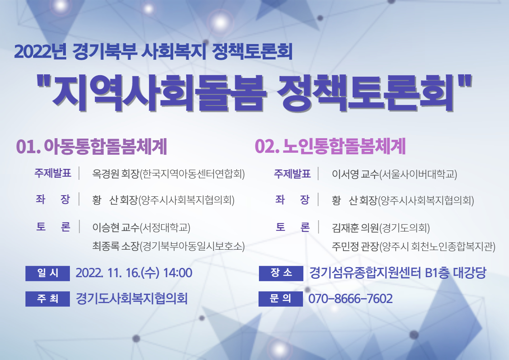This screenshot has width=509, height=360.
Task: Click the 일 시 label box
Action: (x=48, y=274)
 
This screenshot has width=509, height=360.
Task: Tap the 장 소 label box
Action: (x=281, y=274)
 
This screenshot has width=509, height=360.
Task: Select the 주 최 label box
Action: (x=48, y=299)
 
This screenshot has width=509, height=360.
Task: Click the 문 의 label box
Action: (x=281, y=299)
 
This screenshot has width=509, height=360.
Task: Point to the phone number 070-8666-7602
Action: (x=350, y=299)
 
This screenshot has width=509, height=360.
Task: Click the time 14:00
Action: (x=178, y=273)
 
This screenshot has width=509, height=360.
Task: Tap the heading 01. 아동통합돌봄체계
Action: (x=92, y=147)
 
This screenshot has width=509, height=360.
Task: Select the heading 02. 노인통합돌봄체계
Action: (x=330, y=147)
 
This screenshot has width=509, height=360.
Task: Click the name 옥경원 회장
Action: (x=116, y=174)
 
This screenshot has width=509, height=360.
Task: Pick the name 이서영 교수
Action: (x=355, y=174)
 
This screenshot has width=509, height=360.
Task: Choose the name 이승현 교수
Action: (x=116, y=227)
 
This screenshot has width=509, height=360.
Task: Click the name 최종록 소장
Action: (x=116, y=246)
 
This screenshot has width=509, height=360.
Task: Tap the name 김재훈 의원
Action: (x=355, y=228)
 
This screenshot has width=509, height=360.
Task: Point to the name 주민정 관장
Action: (x=355, y=246)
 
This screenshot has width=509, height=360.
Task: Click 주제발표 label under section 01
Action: (x=53, y=173)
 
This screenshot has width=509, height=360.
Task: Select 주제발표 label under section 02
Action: (x=292, y=174)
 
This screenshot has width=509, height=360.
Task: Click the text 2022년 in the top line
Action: (x=40, y=52)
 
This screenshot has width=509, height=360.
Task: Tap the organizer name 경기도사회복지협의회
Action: (x=132, y=299)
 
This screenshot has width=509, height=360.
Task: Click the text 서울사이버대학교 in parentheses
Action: (x=419, y=175)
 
